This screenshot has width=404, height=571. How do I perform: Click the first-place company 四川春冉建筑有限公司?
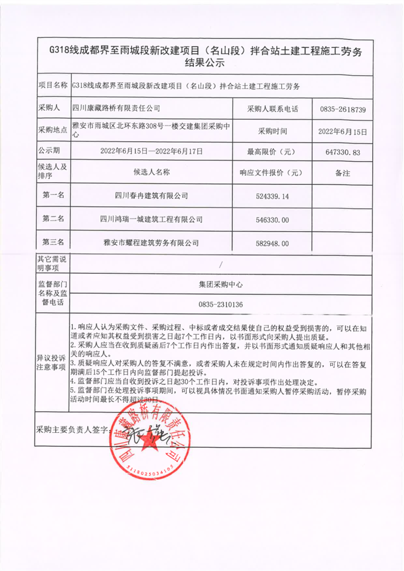(151, 196)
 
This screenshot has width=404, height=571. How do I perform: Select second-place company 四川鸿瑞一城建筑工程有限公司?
(151, 220)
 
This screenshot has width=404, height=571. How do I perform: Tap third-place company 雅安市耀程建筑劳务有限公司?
(151, 243)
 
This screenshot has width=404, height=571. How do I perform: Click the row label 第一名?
(53, 195)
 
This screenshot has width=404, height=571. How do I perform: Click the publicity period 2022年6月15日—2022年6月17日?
(151, 151)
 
